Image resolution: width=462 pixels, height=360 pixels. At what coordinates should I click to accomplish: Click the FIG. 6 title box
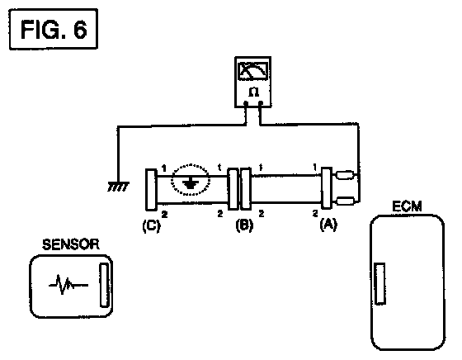click(x=54, y=29)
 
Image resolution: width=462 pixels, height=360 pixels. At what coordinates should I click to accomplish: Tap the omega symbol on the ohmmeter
click(x=253, y=92)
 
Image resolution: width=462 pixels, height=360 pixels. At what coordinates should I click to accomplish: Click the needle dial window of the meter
click(x=253, y=71)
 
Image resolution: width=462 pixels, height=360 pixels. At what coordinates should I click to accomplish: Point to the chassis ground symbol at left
click(x=118, y=187)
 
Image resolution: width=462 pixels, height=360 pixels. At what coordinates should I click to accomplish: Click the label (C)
click(x=152, y=226)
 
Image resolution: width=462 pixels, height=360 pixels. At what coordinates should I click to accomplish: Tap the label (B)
click(x=244, y=226)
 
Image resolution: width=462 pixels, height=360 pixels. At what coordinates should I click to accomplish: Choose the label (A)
click(x=328, y=225)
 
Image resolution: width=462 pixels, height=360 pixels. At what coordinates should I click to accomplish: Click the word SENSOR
click(x=71, y=244)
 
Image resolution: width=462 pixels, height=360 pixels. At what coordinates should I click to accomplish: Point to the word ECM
click(x=407, y=206)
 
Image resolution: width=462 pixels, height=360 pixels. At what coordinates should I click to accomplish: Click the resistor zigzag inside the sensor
click(x=68, y=285)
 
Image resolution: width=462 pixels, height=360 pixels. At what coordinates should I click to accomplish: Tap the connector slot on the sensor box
click(x=104, y=285)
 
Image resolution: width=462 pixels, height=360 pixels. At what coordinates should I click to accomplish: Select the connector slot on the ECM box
click(x=380, y=283)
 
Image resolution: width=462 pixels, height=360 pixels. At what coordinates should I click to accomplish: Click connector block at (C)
click(x=151, y=190)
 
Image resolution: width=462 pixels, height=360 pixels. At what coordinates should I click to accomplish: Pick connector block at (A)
click(x=326, y=188)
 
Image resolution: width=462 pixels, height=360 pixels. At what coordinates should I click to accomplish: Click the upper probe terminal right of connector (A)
click(x=345, y=175)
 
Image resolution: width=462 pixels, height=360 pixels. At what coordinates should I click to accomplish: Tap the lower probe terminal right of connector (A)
click(x=345, y=201)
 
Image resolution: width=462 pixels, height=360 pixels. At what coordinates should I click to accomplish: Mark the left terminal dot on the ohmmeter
click(x=246, y=103)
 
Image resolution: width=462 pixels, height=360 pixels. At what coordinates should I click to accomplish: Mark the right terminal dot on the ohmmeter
click(x=261, y=103)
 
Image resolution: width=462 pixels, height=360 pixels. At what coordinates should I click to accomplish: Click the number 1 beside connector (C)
click(x=164, y=168)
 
